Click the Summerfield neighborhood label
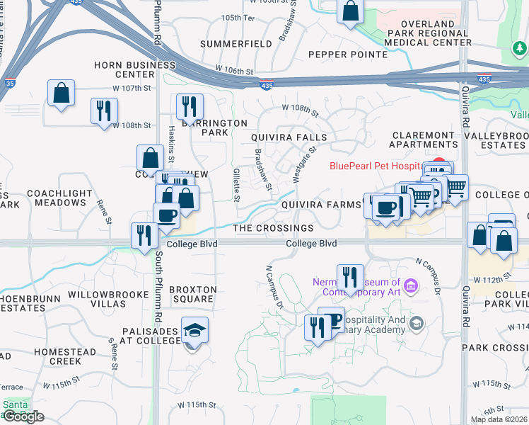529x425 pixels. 236,44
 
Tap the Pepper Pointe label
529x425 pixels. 348,55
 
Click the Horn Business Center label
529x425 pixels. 124,69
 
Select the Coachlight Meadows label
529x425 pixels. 59,198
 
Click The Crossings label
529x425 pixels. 273,228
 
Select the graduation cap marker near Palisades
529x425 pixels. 194,331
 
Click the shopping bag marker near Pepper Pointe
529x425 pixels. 351,12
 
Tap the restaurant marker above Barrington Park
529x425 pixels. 190,106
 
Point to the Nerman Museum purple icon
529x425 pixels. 412,285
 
